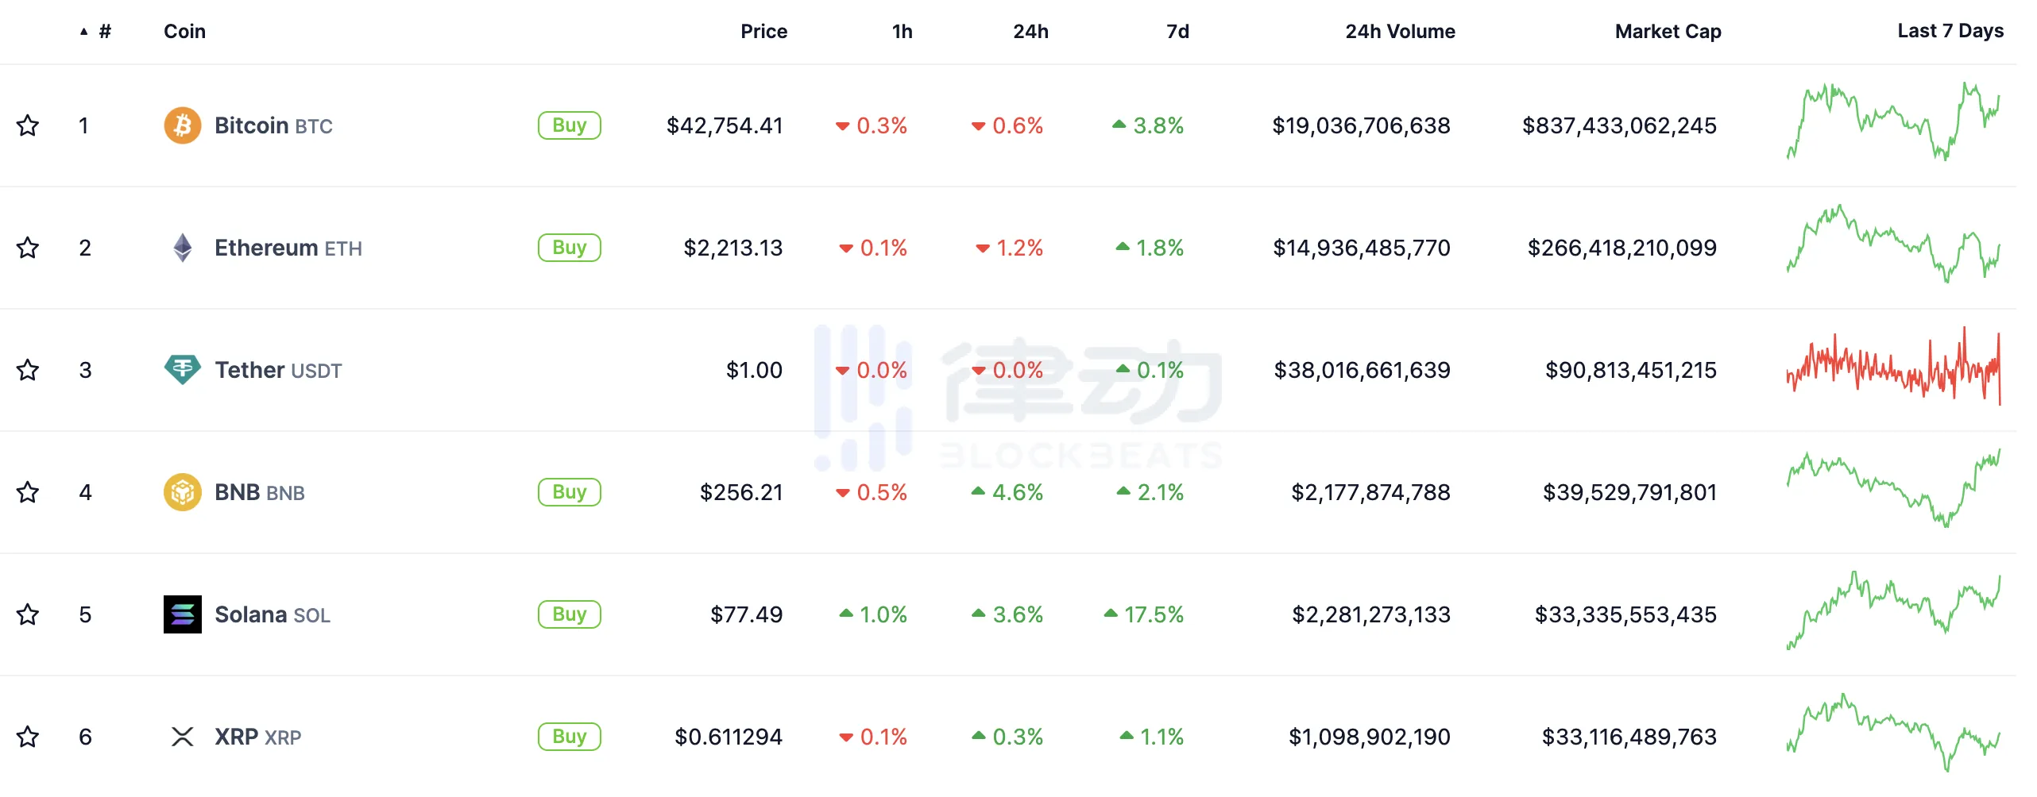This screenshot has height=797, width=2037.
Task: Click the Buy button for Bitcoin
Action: click(569, 125)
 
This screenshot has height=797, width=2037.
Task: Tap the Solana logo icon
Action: click(182, 614)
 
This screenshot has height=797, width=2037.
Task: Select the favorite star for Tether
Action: click(28, 370)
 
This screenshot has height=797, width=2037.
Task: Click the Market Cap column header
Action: click(1668, 32)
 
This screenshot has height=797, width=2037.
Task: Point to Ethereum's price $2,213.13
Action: click(732, 248)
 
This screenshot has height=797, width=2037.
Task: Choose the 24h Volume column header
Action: click(1400, 32)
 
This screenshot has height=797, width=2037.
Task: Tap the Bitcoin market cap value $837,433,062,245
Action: click(1618, 125)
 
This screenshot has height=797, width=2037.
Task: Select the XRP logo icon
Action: click(182, 737)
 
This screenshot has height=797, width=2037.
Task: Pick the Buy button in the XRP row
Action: click(569, 737)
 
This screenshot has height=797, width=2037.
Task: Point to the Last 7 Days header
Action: click(1950, 31)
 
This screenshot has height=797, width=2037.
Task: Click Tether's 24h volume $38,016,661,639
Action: click(1362, 370)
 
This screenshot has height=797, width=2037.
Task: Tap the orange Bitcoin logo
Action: click(182, 125)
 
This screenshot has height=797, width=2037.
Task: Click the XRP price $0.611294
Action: click(728, 737)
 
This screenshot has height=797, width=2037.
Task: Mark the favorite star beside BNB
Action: click(28, 492)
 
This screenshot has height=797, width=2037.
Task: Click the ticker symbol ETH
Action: click(343, 249)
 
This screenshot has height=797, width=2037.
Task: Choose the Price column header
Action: click(763, 32)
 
